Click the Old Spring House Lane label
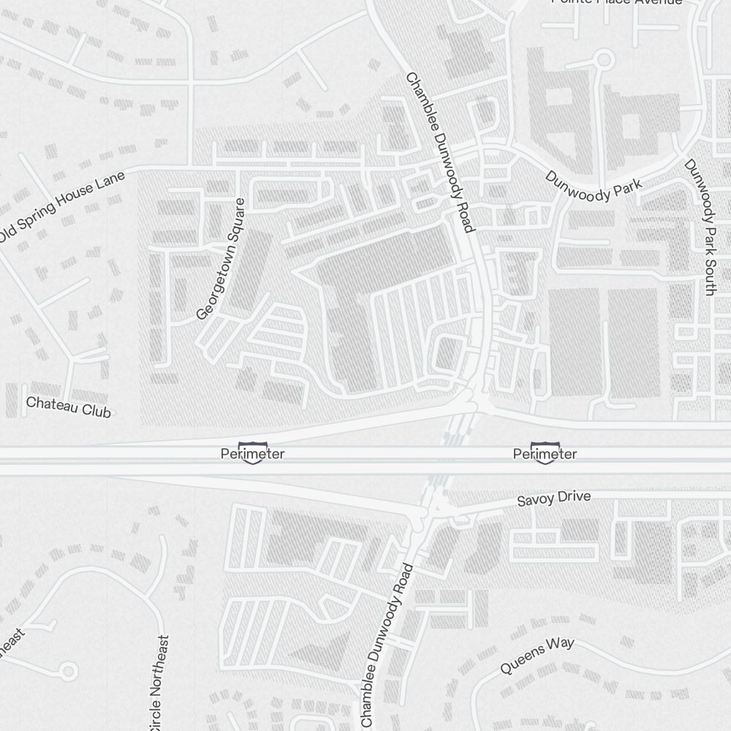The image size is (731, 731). point(61,207)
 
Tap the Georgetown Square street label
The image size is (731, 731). point(221,259)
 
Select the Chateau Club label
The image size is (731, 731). point(69,406)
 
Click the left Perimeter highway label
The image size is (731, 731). point(252,454)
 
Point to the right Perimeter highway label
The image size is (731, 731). point(545,454)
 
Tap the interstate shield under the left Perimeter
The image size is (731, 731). point(253,454)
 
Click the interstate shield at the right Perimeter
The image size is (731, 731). point(545,453)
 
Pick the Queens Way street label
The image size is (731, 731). point(537,656)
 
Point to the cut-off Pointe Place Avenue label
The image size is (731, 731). point(616,3)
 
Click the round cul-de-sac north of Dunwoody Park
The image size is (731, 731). point(604,59)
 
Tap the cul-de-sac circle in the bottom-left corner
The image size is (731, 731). point(68,670)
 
